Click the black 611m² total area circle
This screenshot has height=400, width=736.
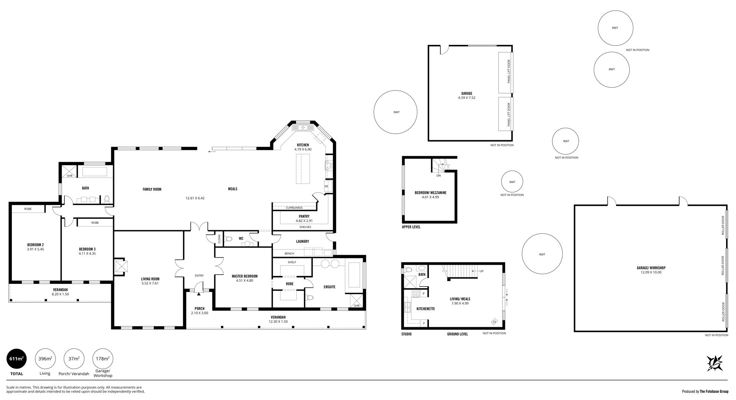(x=17, y=359)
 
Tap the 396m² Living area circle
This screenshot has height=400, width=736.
(x=45, y=359)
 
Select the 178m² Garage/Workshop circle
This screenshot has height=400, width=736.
(x=103, y=359)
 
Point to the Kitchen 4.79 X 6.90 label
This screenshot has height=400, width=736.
(x=302, y=147)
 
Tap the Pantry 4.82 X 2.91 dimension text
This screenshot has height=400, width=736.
(x=304, y=221)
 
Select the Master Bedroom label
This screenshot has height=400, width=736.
(x=245, y=276)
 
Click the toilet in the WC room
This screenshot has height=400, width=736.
(x=229, y=239)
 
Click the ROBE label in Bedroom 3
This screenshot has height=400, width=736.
(x=95, y=223)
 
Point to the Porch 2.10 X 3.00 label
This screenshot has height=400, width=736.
(x=199, y=311)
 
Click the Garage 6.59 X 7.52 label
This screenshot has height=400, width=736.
(x=467, y=95)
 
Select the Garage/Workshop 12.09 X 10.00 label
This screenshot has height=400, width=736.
(x=651, y=270)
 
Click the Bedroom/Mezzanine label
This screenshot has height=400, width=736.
(x=430, y=193)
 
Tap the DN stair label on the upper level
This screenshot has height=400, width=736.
(x=439, y=175)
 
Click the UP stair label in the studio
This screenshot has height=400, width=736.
(x=481, y=271)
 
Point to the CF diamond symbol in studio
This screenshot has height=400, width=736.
(x=495, y=322)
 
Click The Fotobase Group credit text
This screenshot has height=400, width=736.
(x=714, y=392)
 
